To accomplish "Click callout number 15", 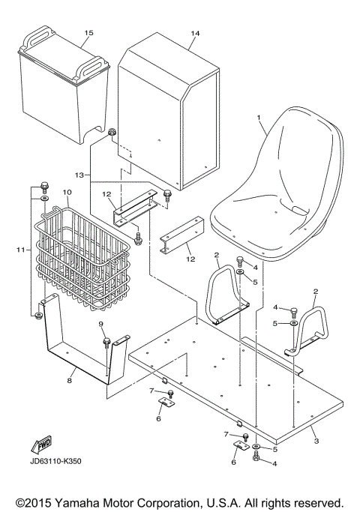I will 89,34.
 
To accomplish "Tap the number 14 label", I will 196,34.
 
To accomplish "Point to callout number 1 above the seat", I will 259,118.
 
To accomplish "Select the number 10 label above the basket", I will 67,193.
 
